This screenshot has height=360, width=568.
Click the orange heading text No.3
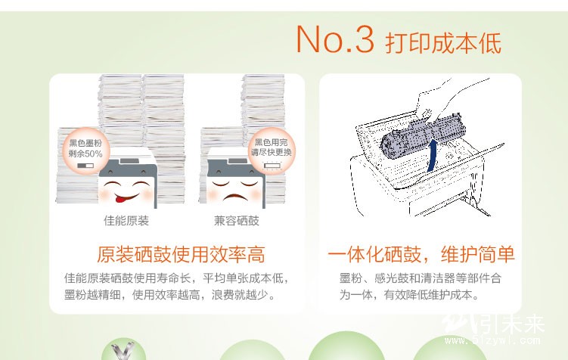click(x=335, y=39)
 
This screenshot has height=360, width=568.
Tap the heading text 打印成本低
click(x=443, y=43)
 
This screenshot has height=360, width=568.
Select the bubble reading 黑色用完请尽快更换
click(x=272, y=151)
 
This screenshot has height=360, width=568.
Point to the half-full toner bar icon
click(x=85, y=166)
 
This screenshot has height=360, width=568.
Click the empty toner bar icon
click(x=273, y=166)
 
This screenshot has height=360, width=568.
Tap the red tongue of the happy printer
click(x=120, y=198)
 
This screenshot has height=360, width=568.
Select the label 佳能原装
click(x=126, y=221)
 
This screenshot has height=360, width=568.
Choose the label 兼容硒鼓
click(x=237, y=221)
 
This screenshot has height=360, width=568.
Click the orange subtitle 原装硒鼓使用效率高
click(x=181, y=254)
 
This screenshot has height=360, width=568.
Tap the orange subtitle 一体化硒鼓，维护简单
click(x=421, y=254)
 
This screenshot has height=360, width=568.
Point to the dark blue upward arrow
click(x=431, y=156)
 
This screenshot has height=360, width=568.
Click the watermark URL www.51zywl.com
click(x=492, y=340)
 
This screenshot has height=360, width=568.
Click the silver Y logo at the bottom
click(x=123, y=352)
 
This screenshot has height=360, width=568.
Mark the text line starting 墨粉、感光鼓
click(x=421, y=278)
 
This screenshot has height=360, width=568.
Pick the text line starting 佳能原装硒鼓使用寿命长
click(x=177, y=278)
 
